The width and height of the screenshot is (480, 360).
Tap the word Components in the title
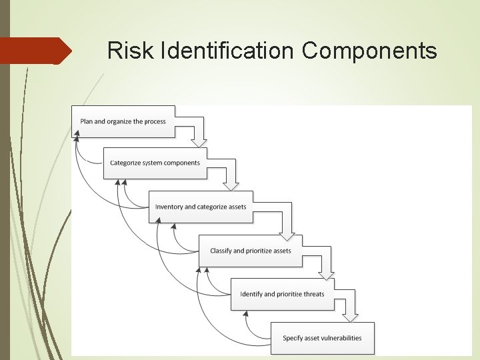pyautogui.click(x=369, y=50)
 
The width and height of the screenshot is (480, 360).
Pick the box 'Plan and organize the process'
pyautogui.click(x=123, y=121)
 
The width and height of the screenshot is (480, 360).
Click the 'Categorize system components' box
pyautogui.click(x=155, y=163)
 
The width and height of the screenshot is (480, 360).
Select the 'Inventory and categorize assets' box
pyautogui.click(x=200, y=207)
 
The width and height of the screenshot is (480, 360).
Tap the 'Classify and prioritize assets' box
pyautogui.click(x=250, y=251)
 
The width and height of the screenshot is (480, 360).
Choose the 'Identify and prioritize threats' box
pyautogui.click(x=282, y=294)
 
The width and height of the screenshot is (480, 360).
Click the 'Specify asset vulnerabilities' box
pyautogui.click(x=322, y=338)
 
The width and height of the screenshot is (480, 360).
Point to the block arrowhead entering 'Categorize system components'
pyautogui.click(x=199, y=143)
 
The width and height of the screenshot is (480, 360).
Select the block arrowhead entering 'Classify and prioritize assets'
pyautogui.click(x=286, y=235)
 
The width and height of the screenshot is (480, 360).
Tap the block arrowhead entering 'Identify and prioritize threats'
pyautogui.click(x=326, y=275)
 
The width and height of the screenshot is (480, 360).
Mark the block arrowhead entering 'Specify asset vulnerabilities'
pyautogui.click(x=351, y=317)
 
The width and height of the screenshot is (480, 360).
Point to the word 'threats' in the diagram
pyautogui.click(x=313, y=294)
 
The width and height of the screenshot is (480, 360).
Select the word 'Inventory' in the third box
pyautogui.click(x=169, y=207)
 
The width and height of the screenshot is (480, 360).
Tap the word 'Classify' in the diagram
pyautogui.click(x=221, y=251)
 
